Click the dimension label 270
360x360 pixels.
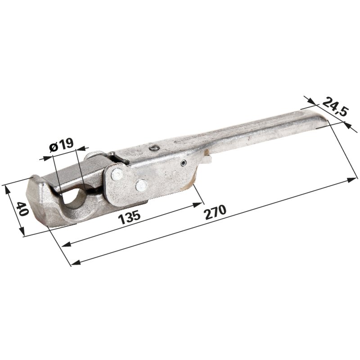click(216, 212)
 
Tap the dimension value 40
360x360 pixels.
click(23, 209)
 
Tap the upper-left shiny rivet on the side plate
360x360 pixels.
click(117, 174)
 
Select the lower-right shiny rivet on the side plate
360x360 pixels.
click(141, 185)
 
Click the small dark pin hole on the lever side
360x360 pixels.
click(184, 163)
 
